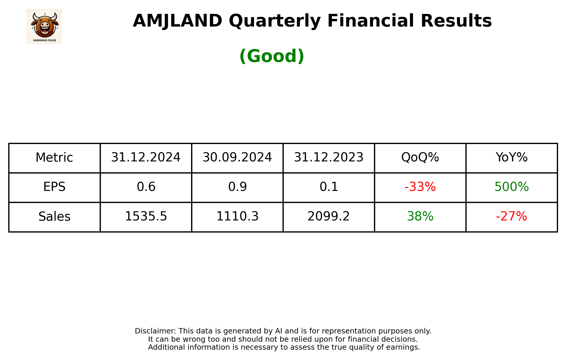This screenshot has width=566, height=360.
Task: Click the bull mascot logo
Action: pos(44,26)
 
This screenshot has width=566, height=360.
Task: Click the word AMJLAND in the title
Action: pos(178,21)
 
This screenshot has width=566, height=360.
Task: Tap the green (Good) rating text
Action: pos(272,56)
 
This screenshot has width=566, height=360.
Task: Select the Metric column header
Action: pos(54,158)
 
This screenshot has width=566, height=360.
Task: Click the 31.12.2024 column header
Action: pos(146,158)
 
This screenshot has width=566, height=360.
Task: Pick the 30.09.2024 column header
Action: pos(237,158)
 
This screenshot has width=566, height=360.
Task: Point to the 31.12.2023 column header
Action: pos(329,158)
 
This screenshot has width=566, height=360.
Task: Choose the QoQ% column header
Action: pos(420,158)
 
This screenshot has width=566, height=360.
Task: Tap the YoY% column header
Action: pos(511,158)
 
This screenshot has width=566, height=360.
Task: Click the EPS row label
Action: pos(54,187)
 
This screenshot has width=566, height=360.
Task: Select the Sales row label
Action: pos(54,217)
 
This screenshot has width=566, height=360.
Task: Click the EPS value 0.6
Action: pos(146,187)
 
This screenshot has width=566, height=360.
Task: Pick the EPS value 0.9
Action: pos(237,187)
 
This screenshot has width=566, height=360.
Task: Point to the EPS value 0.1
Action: pos(329,187)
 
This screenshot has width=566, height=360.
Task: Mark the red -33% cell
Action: pos(420,187)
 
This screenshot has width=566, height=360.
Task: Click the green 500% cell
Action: pos(511,187)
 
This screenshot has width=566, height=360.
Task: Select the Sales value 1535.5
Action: pos(146,217)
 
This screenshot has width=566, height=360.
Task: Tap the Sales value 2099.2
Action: pos(329,217)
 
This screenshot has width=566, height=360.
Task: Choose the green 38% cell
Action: pos(420,217)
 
